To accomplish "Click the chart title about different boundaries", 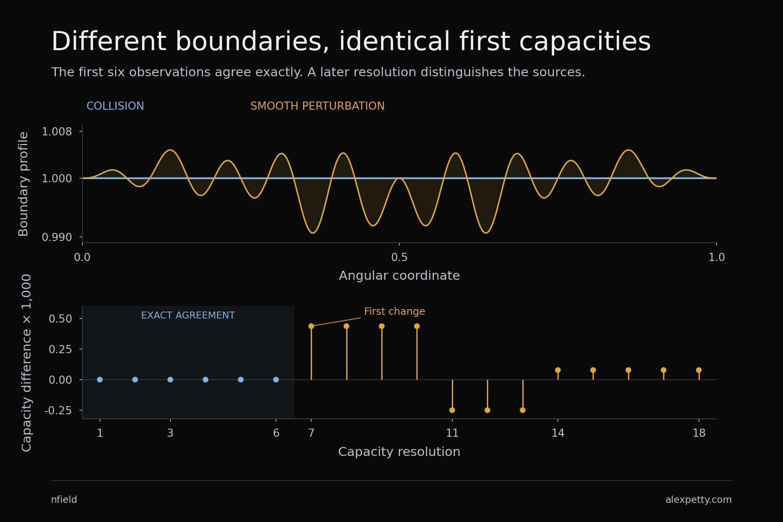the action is point(351,42).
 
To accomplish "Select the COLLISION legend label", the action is point(115,106).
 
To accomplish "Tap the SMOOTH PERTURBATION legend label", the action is point(317,106).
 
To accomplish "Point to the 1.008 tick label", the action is point(57,131).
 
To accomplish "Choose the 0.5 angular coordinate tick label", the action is point(399,257).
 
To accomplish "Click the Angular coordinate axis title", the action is point(399,276).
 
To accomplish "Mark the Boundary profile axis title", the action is point(24,184).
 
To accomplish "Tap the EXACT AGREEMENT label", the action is point(188,315).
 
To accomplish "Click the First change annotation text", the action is point(394,312).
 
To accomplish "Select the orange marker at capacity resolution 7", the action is point(311,326).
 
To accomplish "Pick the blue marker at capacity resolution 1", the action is point(100,380).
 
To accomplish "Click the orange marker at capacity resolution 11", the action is point(452,410).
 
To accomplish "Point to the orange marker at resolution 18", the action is point(699,370).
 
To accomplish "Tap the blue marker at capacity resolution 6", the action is point(276,380).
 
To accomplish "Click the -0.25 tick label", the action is point(58,410).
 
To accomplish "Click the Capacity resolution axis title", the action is point(399,452).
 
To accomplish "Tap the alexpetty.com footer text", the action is point(699,500).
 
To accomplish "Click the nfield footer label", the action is point(64,500).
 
